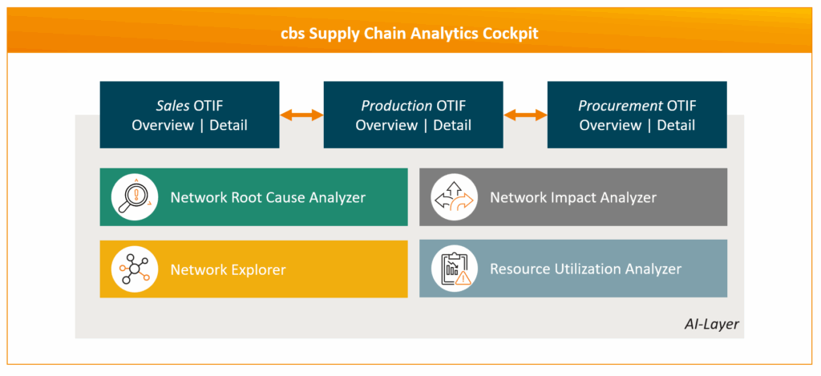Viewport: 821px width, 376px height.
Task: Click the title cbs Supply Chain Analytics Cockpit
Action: tap(410, 34)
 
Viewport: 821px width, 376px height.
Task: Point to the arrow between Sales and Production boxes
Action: tap(301, 115)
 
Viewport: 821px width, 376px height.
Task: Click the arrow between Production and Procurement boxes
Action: tap(525, 115)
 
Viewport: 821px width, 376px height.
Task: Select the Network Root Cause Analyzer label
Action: tap(268, 197)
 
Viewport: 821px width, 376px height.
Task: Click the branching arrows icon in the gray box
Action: tap(454, 197)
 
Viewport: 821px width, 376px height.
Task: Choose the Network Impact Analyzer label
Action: tap(573, 197)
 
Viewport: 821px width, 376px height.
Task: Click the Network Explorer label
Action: tap(228, 269)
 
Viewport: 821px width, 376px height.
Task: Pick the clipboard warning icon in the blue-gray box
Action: tap(454, 269)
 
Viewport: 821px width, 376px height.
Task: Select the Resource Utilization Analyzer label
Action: tap(585, 269)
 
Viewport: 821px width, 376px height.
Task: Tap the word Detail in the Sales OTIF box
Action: tap(229, 125)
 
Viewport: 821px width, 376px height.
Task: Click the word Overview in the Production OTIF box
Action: tap(386, 125)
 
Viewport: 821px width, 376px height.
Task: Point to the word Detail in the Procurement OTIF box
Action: tap(676, 125)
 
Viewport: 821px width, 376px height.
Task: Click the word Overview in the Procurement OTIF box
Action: tap(610, 125)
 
